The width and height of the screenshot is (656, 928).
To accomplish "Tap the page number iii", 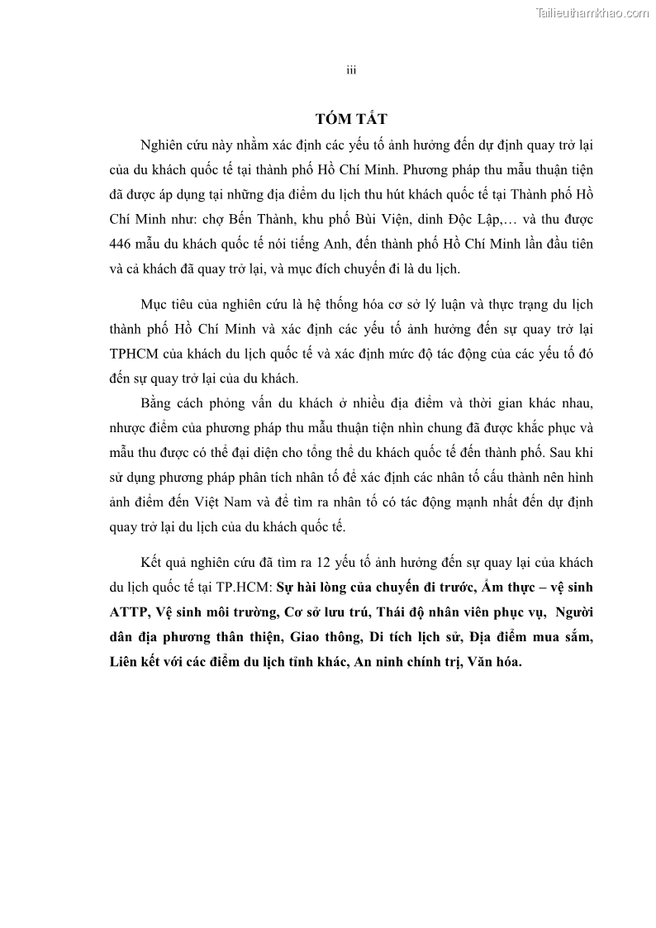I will [350, 71].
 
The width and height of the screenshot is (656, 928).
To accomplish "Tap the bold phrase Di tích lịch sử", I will [422, 639].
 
